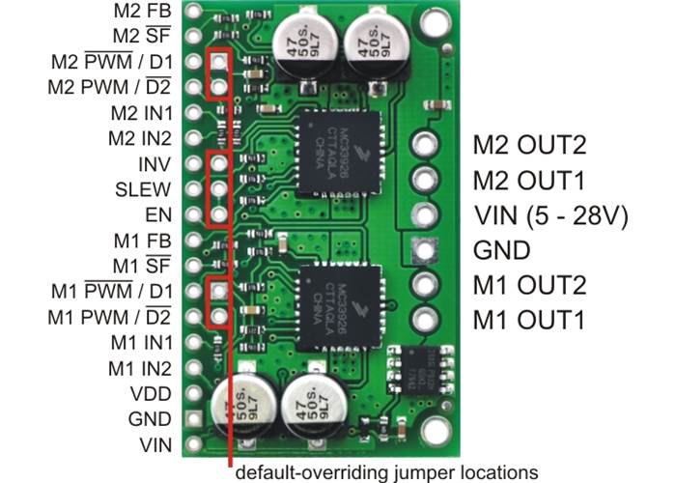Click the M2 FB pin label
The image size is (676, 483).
[x=146, y=13]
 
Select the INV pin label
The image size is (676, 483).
[x=154, y=163]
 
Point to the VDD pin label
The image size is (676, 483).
[x=151, y=394]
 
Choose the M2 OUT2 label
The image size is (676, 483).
[x=529, y=146]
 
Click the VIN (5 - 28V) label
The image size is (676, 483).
[x=550, y=215]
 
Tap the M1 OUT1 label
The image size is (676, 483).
[x=528, y=321]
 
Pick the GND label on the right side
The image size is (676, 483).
[x=501, y=251]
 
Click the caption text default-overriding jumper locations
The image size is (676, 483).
[x=387, y=472]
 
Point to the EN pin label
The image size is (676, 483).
[x=158, y=214]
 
